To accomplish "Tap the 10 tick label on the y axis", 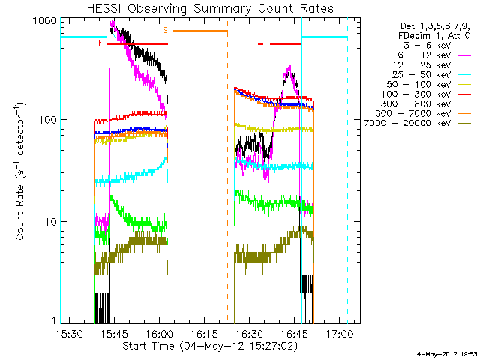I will coord(49,222).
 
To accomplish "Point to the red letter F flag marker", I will coord(100,43).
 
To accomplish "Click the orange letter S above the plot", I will coord(165,30).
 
